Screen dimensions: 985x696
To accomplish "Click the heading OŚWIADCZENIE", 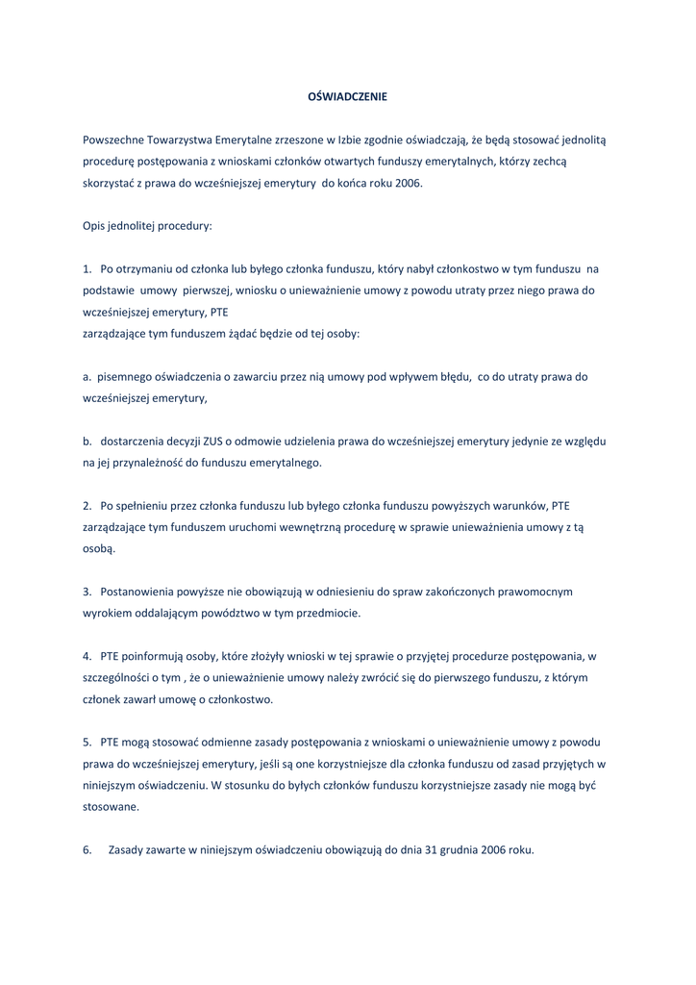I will click(x=346, y=97).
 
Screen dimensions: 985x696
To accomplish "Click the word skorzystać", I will click(x=109, y=183).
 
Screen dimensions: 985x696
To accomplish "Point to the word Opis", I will click(x=93, y=226).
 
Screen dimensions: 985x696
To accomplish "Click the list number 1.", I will click(x=87, y=269).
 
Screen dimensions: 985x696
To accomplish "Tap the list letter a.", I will click(x=87, y=376).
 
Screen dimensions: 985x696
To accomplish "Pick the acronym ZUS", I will click(x=212, y=441).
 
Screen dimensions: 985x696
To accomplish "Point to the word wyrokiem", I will click(x=106, y=613).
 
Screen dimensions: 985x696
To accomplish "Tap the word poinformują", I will click(x=153, y=656).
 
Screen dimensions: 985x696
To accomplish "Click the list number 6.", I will click(x=87, y=850).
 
